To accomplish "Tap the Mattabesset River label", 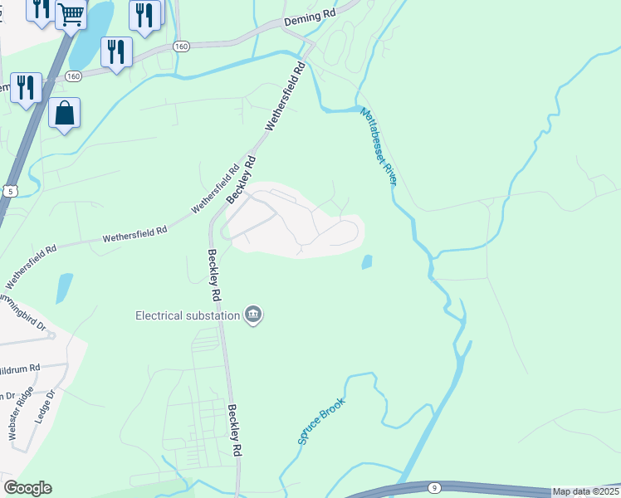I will tap(378, 147).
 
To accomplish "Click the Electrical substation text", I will tap(187, 315).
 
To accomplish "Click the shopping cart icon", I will tap(71, 13).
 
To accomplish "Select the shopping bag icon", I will tap(64, 112).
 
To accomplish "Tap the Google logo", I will tap(27, 488).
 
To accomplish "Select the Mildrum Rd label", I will tap(18, 368).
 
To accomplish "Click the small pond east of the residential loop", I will tap(366, 262).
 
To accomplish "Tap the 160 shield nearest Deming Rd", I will tap(182, 46).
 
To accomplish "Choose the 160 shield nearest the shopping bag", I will tap(74, 76).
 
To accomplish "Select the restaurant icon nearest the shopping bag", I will tap(25, 86).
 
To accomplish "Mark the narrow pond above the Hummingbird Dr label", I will tap(64, 287).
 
